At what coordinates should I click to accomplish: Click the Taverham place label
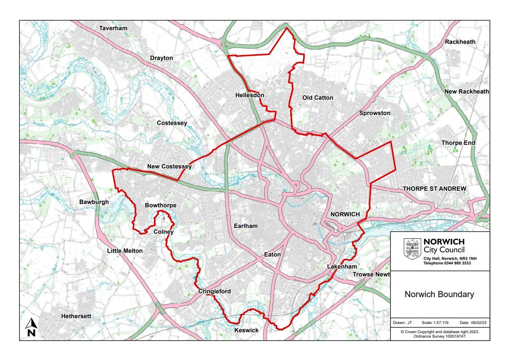click(x=113, y=28)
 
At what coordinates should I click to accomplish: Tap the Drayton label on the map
click(x=162, y=58)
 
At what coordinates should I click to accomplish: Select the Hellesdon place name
click(x=249, y=95)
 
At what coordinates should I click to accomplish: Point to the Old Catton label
click(x=318, y=98)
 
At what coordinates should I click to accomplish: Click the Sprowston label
click(x=375, y=113)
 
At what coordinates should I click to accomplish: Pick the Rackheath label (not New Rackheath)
click(x=460, y=42)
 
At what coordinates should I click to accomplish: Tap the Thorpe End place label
click(x=458, y=143)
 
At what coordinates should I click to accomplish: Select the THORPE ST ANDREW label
click(x=434, y=189)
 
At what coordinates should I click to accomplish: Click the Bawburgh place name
click(x=94, y=202)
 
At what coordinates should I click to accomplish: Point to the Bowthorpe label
click(x=161, y=205)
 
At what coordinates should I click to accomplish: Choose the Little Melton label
click(x=125, y=251)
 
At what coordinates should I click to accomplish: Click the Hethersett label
click(x=76, y=316)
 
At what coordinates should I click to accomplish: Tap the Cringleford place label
click(x=214, y=292)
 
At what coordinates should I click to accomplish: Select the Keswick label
click(x=246, y=330)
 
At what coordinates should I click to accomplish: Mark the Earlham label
click(x=246, y=226)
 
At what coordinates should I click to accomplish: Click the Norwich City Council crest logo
click(x=412, y=249)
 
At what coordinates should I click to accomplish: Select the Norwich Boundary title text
click(x=439, y=295)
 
